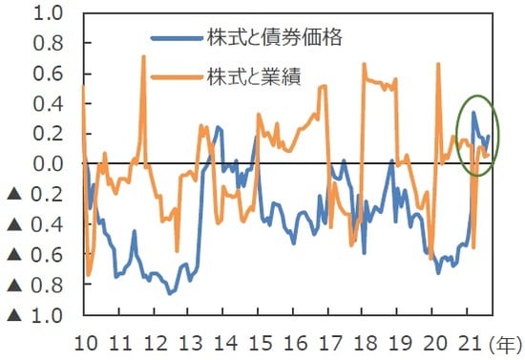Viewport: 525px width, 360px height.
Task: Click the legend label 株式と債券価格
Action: [x=262, y=39]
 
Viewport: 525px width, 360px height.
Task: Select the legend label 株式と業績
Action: [x=251, y=76]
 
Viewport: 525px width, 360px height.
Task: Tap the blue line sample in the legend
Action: [x=176, y=39]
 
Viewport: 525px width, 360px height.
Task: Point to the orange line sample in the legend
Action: [x=176, y=76]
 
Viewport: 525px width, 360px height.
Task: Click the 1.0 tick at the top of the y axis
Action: [x=51, y=14]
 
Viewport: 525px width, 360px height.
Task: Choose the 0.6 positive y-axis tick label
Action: [x=51, y=74]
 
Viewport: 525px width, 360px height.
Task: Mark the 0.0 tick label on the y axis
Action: [x=51, y=164]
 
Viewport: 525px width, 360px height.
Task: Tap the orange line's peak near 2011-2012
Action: [x=144, y=56]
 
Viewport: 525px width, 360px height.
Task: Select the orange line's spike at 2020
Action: [x=438, y=64]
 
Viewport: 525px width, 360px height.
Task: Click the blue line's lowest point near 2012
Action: [x=170, y=293]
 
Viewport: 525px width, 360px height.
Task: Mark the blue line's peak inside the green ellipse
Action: [x=473, y=113]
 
